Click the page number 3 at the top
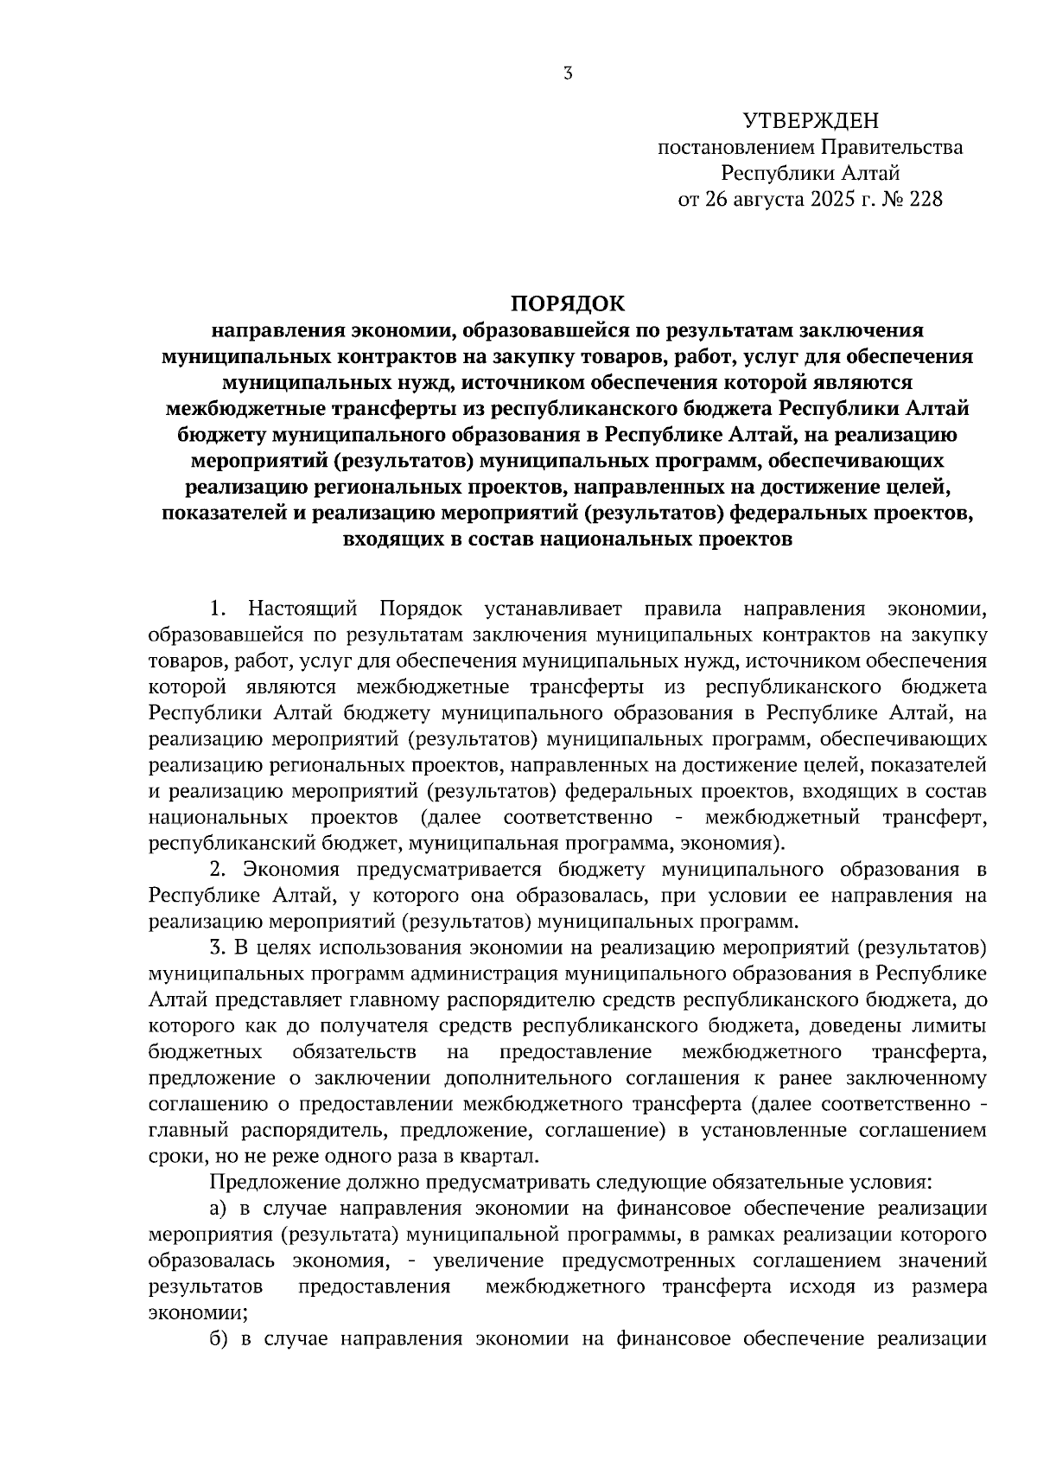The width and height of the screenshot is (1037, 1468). (568, 74)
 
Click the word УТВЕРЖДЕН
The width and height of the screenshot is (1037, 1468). (810, 120)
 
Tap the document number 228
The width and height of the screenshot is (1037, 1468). (925, 200)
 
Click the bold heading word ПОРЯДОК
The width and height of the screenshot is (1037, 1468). (567, 303)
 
